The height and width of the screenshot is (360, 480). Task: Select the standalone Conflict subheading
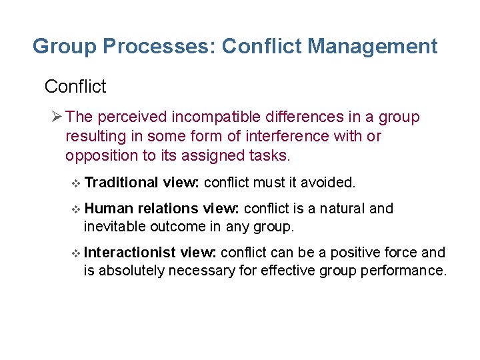coord(75,87)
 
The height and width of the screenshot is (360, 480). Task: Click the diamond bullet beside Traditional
coord(75,183)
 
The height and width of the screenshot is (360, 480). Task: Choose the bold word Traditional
coord(121,183)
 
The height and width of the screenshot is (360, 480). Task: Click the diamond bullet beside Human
coord(75,209)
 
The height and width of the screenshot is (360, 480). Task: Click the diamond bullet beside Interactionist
coord(75,253)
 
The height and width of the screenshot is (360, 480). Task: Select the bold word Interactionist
coord(131,253)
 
